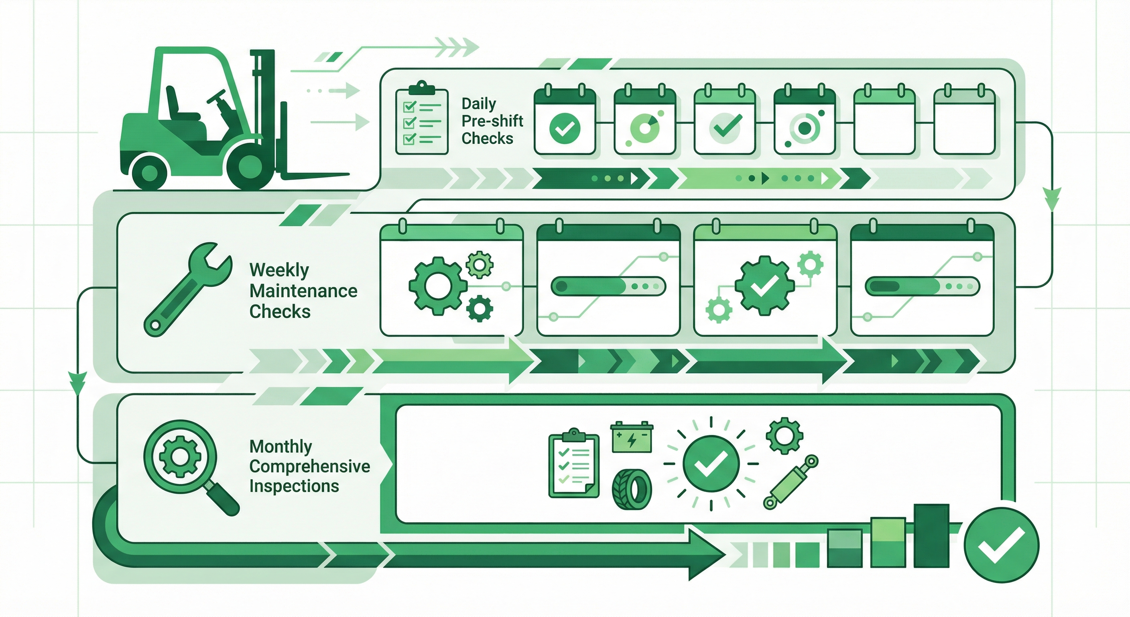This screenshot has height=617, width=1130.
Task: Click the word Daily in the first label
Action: coord(479,104)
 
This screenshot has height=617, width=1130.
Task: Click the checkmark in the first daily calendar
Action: coord(565,128)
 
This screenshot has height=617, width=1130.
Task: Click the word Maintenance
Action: coord(303,291)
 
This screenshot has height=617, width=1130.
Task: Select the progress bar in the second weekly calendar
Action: coord(608,287)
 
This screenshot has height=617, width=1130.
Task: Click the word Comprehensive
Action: coord(310,466)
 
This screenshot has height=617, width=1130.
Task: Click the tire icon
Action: coord(632,489)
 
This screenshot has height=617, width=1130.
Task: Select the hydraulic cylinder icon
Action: coord(790,482)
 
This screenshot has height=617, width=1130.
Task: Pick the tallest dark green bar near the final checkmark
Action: coord(932,535)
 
